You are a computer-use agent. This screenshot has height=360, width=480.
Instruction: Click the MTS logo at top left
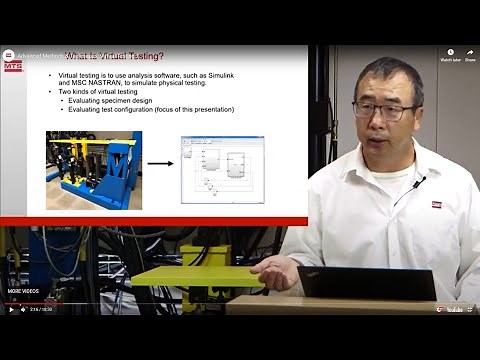(12, 61)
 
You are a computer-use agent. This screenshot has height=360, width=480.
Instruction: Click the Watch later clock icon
(450, 52)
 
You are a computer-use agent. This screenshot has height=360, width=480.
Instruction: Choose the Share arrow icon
(470, 52)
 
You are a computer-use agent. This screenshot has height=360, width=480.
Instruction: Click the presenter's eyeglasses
(383, 109)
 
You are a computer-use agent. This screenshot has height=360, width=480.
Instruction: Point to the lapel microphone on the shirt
(417, 183)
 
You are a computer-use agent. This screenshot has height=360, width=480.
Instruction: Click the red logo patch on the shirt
(436, 204)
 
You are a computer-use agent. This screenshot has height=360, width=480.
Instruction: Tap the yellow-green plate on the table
(196, 275)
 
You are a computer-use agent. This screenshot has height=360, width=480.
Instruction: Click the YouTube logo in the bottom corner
(455, 309)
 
